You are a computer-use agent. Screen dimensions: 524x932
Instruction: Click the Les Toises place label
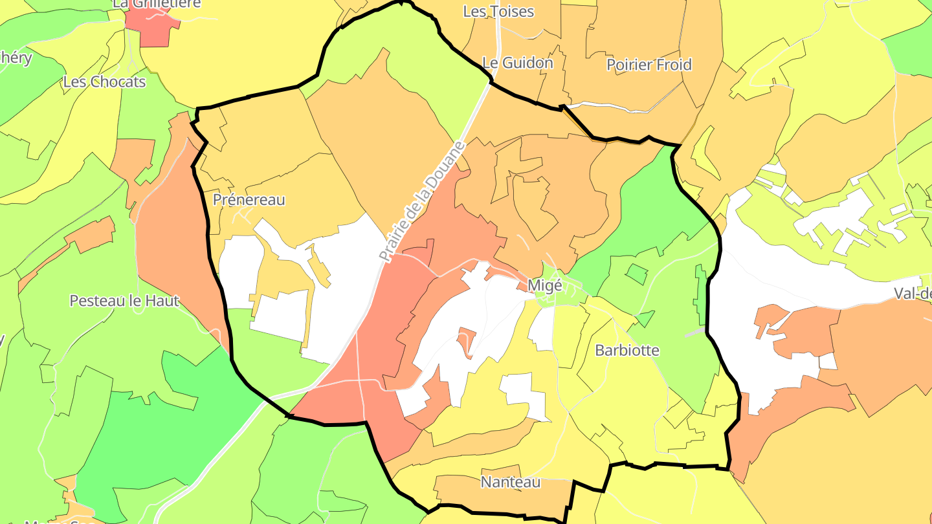tap(498, 12)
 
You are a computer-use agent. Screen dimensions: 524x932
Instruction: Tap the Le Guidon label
tap(518, 63)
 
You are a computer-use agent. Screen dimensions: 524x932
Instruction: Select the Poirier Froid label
tap(649, 65)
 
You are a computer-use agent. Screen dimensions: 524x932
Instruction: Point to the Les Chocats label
tap(104, 82)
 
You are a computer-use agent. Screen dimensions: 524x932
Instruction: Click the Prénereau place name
tap(249, 200)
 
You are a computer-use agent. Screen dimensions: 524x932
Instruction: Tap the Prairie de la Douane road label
tap(422, 202)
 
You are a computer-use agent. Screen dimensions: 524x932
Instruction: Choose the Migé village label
tap(544, 285)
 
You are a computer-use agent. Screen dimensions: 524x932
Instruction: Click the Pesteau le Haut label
tap(124, 301)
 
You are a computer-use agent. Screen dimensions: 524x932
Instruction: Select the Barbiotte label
tap(627, 351)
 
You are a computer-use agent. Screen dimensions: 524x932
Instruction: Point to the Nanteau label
tap(510, 483)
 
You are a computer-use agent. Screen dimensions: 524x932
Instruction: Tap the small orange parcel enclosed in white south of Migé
tap(467, 340)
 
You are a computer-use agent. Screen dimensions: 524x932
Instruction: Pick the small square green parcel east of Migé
tap(637, 274)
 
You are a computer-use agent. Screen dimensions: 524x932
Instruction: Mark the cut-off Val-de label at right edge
tap(913, 294)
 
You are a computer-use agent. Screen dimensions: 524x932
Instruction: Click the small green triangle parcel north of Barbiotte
tap(645, 319)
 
